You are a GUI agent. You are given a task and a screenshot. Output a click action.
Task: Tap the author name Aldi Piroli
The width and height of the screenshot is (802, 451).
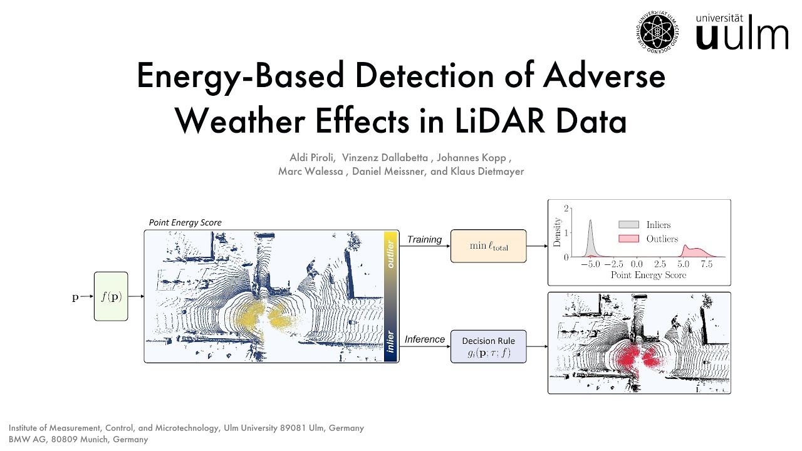coord(311,157)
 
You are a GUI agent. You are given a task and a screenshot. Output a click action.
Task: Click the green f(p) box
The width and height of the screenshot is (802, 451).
coord(111,296)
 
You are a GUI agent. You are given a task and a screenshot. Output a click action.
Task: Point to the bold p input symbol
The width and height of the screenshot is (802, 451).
coord(75,297)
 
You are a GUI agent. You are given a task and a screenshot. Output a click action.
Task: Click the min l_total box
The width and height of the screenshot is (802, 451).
coord(489,246)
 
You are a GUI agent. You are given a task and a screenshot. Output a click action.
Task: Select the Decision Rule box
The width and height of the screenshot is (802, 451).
coord(489,346)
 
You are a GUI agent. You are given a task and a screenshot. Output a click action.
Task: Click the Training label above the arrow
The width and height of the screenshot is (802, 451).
coord(424,239)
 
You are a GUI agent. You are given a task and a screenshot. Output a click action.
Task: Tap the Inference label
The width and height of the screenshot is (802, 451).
coord(424,340)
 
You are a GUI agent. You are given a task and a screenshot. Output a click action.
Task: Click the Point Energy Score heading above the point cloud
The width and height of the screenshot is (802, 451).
coord(185,222)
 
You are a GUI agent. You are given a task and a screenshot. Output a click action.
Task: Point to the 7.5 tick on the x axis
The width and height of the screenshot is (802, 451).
coord(706,265)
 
